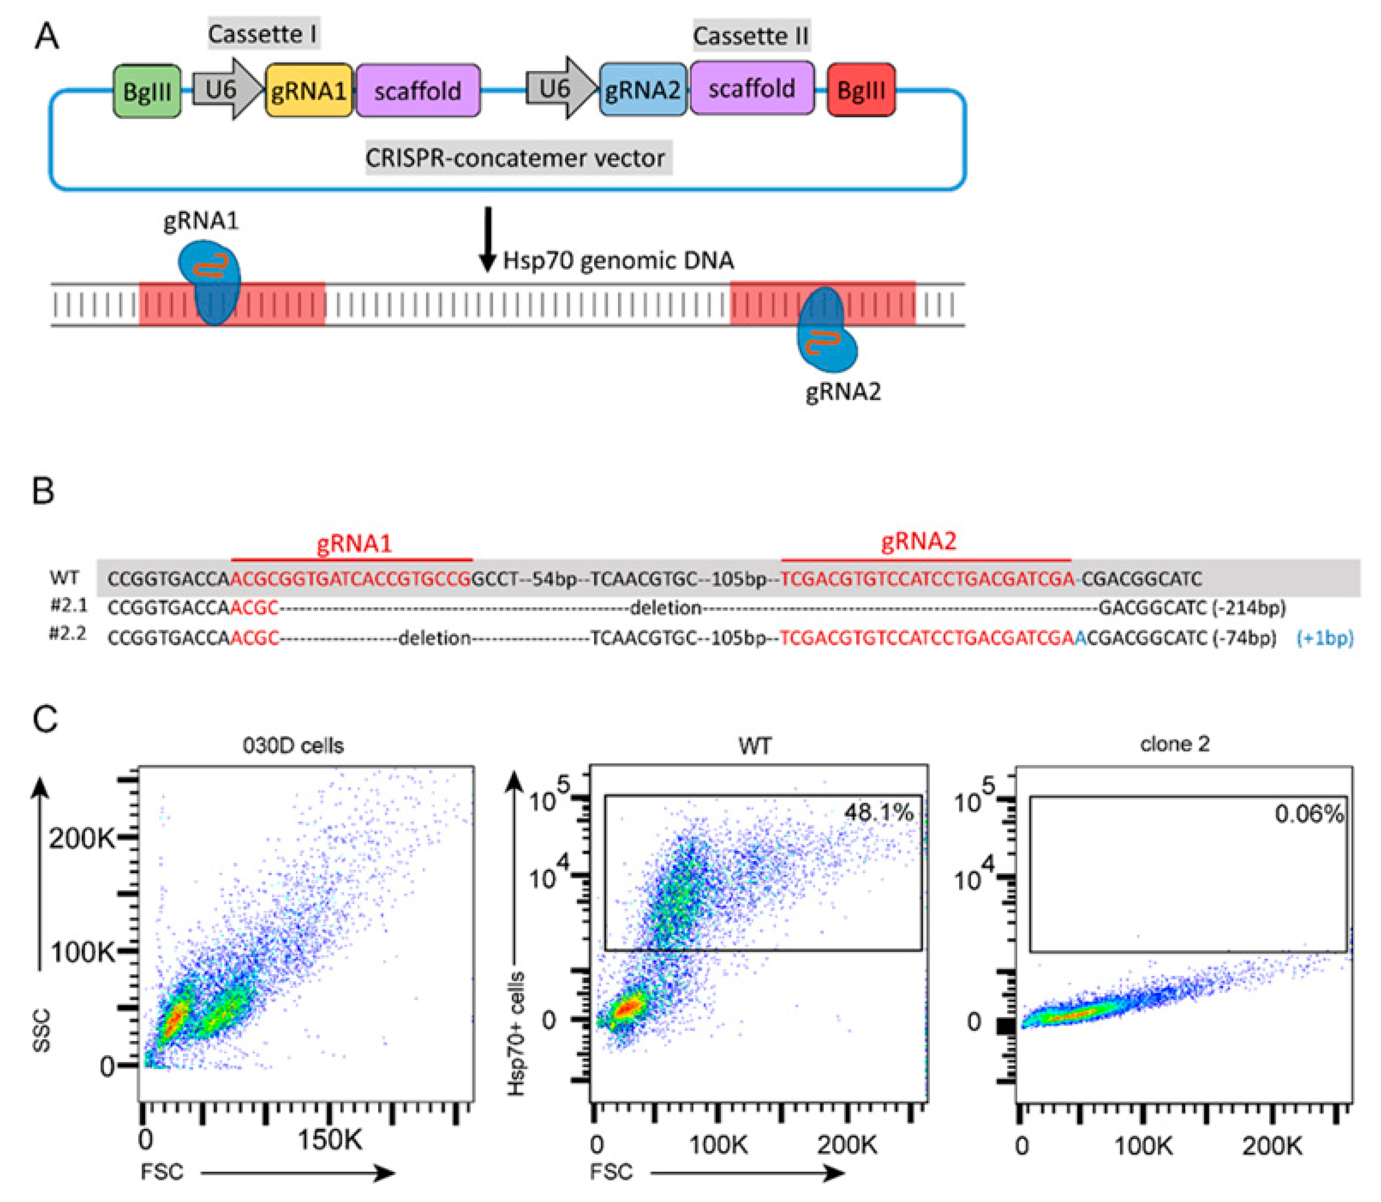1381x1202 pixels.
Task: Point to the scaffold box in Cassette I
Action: point(418,91)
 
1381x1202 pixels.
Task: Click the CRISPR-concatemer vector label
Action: point(515,158)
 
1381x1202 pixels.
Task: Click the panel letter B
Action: point(44,491)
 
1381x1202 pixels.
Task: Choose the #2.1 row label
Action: point(69,606)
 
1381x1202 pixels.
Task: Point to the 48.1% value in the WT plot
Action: point(879,813)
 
